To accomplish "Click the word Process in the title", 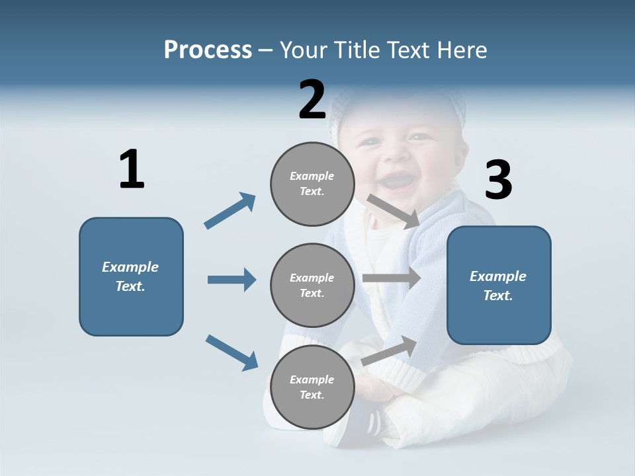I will (x=208, y=50).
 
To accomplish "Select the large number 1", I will (x=131, y=171).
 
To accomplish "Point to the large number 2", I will (x=312, y=100).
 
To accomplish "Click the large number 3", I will (x=498, y=180).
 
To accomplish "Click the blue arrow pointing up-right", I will (x=230, y=211).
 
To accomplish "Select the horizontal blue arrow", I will (x=232, y=280).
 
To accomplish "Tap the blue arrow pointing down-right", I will (x=232, y=352).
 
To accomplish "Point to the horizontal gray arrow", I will (x=392, y=278).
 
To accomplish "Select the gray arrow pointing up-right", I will (x=389, y=351).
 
